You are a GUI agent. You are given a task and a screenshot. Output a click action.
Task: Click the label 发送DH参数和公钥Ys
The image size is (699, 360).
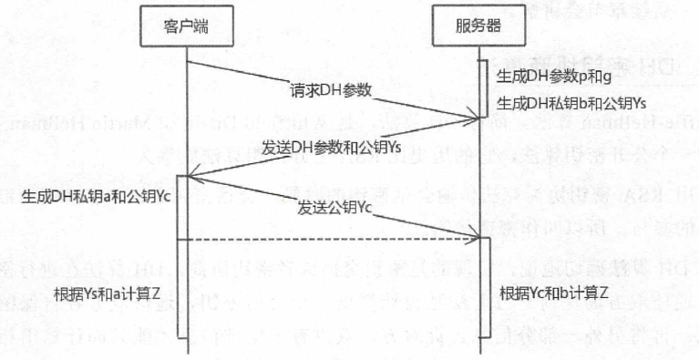pos(332,146)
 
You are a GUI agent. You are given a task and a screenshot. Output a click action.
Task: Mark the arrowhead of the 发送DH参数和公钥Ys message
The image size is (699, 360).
pos(185,176)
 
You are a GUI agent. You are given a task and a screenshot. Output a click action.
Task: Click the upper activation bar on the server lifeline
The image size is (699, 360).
pos(482,87)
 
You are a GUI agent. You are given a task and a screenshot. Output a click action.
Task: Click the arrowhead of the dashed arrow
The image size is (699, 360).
pos(472,240)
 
